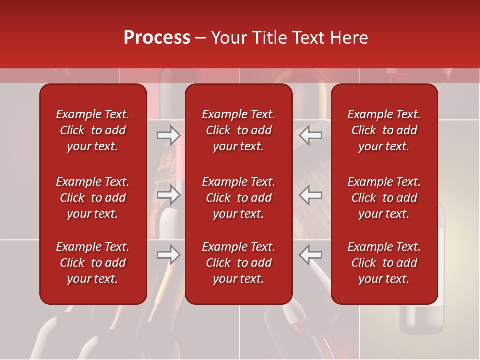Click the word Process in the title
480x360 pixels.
click(x=157, y=38)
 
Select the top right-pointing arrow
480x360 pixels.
click(x=169, y=135)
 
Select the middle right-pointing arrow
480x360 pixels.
click(x=169, y=195)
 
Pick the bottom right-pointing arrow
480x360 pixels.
click(x=169, y=254)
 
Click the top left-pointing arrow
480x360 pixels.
click(x=311, y=135)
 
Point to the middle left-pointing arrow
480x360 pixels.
click(x=311, y=195)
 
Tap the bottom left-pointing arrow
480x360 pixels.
click(x=311, y=254)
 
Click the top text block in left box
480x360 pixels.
click(x=93, y=130)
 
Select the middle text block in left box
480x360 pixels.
click(x=93, y=198)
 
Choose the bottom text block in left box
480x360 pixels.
click(x=93, y=263)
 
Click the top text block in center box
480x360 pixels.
click(x=239, y=130)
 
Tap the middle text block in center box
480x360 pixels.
click(x=239, y=198)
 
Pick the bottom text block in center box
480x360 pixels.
click(x=239, y=263)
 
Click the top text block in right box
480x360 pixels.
click(x=384, y=130)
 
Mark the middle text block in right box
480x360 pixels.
click(x=384, y=198)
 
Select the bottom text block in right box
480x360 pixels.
click(x=384, y=263)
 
